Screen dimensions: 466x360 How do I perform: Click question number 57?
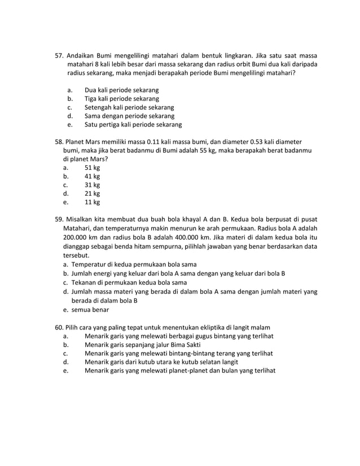click(x=59, y=56)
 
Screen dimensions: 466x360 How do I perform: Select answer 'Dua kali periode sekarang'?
click(x=121, y=90)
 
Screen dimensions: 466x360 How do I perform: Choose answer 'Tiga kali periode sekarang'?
click(x=121, y=99)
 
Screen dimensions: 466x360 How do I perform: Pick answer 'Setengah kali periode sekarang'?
click(x=129, y=107)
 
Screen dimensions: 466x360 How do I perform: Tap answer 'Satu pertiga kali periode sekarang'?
click(x=133, y=125)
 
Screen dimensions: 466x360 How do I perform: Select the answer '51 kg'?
click(x=92, y=168)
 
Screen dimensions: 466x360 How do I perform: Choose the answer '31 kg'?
click(x=92, y=184)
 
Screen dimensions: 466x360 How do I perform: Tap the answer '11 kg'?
click(x=92, y=202)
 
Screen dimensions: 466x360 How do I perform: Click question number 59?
click(x=59, y=219)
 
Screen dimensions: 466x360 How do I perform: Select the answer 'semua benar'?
click(x=90, y=310)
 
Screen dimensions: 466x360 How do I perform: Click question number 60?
click(x=59, y=327)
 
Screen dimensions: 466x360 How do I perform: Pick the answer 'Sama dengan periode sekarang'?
click(x=129, y=116)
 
